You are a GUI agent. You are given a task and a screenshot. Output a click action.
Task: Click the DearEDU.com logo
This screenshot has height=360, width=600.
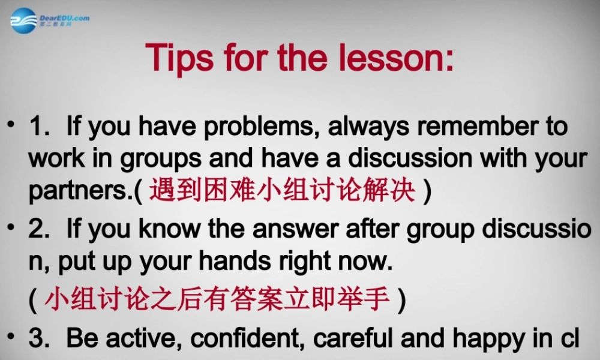(x=49, y=20)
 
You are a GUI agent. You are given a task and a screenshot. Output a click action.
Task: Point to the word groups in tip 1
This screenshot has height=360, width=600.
(x=161, y=159)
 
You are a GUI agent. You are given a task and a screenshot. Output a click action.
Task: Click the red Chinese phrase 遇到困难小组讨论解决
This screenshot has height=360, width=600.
(x=283, y=191)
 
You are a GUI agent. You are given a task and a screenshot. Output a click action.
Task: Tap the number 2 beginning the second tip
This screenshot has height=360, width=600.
(x=38, y=229)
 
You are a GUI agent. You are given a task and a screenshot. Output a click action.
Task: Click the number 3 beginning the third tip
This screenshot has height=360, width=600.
(x=38, y=338)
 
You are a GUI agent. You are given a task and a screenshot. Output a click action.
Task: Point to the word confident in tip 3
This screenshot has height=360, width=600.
(x=248, y=338)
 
